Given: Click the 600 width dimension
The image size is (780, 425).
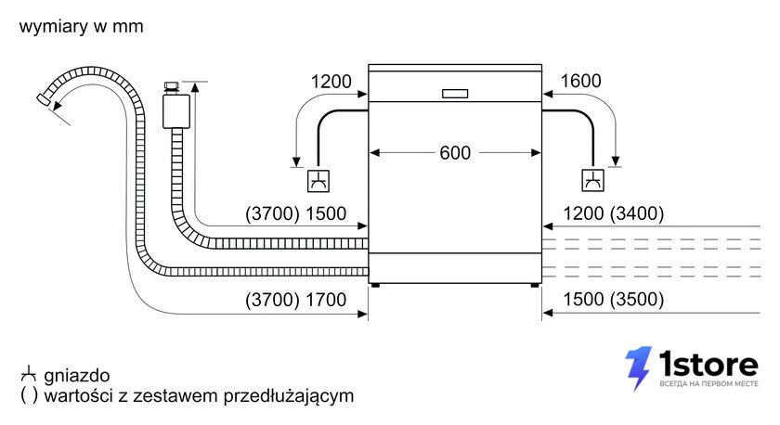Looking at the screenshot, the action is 455,152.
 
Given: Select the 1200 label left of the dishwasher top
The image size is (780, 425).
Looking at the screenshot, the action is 331,81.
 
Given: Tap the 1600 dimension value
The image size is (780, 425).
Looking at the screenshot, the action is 580,81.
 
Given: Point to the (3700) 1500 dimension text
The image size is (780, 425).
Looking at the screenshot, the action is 295,213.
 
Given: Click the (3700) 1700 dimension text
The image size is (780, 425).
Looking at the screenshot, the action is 295,300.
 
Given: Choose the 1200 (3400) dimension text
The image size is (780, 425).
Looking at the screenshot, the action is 614,213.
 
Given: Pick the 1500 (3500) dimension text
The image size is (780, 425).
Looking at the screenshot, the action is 614,299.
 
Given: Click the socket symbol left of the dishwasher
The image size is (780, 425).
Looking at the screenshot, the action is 318,181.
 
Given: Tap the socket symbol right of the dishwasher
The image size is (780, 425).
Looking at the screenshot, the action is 593,180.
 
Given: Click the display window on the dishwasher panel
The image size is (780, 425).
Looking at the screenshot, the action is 455,94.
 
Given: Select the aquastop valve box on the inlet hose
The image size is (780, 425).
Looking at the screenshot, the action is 176,110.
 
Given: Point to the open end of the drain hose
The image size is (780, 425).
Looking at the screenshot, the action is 44,98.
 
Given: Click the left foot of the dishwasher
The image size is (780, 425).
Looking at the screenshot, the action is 374,285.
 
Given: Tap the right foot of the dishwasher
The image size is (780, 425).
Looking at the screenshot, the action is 535,285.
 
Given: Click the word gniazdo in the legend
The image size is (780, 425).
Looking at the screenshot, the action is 76,376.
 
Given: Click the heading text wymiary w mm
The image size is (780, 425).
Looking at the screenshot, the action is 81,26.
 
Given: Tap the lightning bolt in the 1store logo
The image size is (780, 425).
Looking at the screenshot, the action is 638,368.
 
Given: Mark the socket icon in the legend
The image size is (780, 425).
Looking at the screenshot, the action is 29,374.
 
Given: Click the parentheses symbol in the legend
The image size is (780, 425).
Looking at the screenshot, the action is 29,395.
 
